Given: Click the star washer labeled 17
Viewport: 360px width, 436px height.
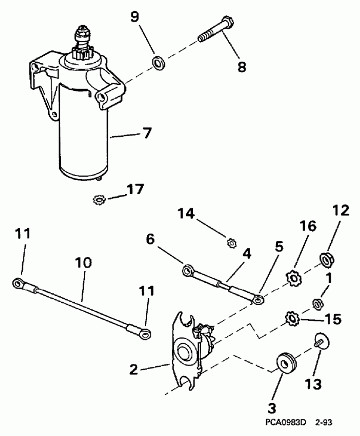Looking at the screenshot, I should click(99, 200).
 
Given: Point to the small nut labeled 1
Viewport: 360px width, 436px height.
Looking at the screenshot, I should click(319, 303).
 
